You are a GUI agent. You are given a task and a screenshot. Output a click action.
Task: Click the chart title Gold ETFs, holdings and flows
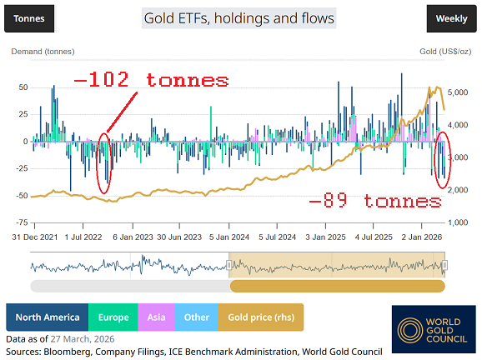(x=238, y=17)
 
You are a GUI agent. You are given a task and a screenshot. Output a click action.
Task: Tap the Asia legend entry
(x=157, y=317)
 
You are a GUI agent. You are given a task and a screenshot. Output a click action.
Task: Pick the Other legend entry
(x=197, y=317)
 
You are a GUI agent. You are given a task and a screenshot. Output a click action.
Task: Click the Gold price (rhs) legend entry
(x=261, y=317)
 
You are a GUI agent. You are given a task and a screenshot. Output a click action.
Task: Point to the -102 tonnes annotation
(x=151, y=81)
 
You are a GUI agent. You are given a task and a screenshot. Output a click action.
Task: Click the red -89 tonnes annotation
(x=374, y=202)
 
